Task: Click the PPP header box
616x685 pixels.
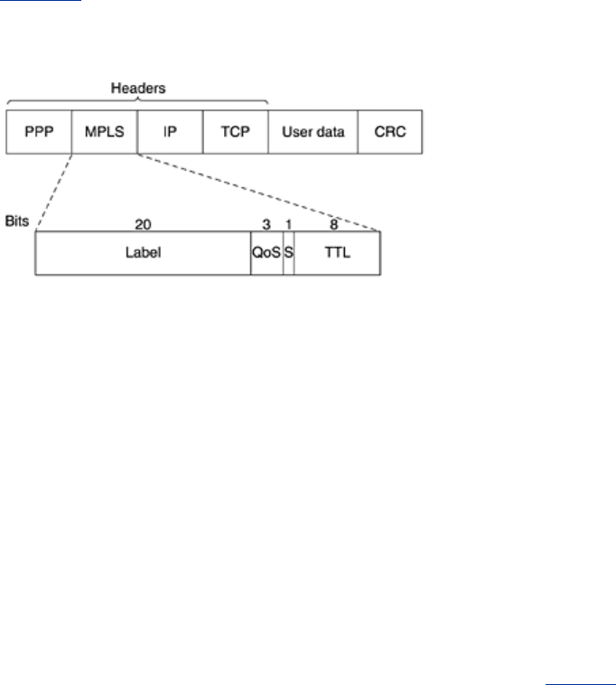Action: coord(39,132)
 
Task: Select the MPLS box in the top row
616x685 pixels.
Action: coord(105,132)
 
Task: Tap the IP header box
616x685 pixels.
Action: coord(170,132)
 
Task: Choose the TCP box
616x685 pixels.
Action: coord(236,132)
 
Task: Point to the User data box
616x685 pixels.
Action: coord(313,132)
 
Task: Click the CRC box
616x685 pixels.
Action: coord(390,132)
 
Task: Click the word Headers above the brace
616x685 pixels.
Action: coord(138,89)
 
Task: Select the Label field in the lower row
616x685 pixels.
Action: coord(144,253)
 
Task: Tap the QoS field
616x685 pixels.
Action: coord(266,253)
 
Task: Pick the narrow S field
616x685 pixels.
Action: coord(288,253)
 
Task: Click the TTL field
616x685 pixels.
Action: coord(337,253)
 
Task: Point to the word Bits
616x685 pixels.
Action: coord(17,221)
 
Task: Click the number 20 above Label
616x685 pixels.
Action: coord(144,224)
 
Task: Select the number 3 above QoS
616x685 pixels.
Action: coord(266,224)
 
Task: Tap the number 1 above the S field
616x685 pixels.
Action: coord(288,224)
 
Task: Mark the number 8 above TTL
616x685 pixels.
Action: coord(333,224)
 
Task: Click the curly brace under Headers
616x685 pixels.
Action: coord(138,100)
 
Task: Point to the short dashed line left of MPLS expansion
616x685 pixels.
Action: coord(54,192)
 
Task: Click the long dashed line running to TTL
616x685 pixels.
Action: coord(258,192)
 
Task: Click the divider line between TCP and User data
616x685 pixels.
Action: coord(268,132)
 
